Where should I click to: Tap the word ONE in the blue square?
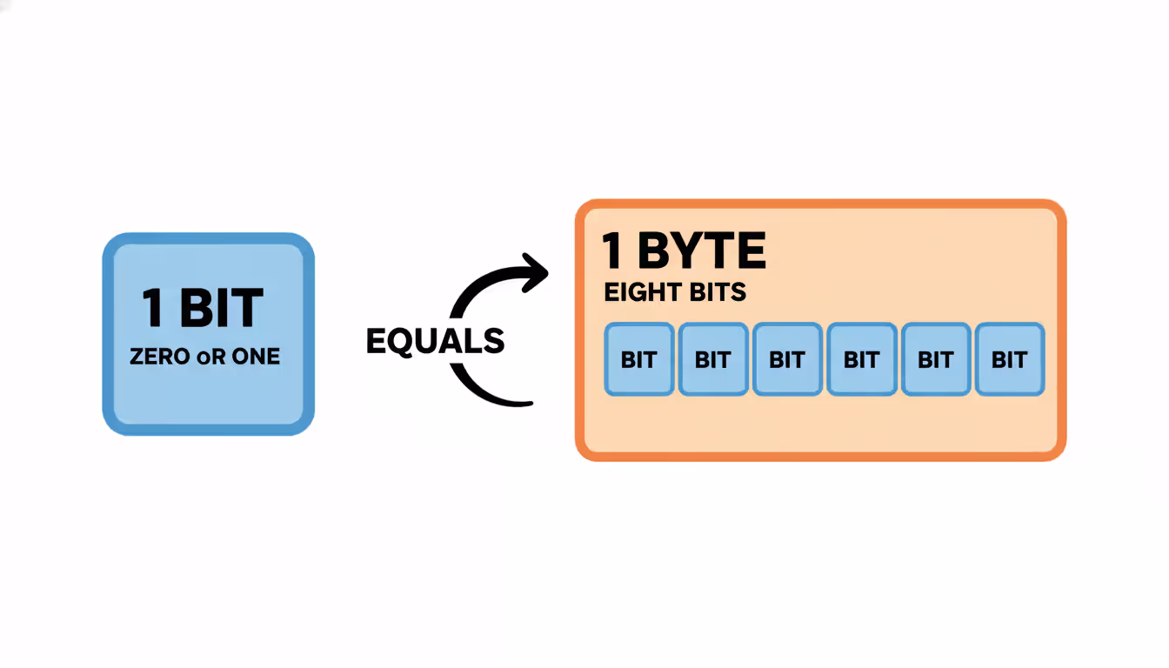256,356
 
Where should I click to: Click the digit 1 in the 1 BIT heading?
154,308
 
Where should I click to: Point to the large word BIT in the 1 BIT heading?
221,308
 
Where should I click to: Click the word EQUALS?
435,341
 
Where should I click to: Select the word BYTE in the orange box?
702,251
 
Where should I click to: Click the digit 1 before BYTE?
612,251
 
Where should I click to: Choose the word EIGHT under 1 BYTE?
639,292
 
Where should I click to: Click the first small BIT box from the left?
639,359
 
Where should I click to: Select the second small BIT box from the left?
713,359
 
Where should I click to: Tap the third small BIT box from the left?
787,359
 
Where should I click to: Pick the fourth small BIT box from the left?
861,359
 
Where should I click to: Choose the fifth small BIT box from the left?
936,359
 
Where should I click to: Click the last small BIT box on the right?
1010,359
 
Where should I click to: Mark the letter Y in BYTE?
686,251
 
